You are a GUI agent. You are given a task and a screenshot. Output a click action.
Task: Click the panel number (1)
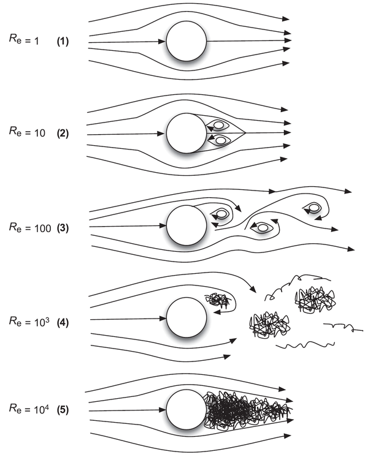pos(63,42)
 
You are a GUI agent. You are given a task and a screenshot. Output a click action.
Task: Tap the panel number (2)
pos(63,134)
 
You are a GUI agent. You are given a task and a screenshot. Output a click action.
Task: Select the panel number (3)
pos(63,227)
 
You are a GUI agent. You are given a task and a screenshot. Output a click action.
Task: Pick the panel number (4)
pos(63,320)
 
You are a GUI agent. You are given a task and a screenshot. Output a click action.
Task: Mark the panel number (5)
pos(63,407)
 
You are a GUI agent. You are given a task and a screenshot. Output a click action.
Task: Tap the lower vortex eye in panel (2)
pos(220,140)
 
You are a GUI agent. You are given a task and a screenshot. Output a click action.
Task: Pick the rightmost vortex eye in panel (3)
pos(314,208)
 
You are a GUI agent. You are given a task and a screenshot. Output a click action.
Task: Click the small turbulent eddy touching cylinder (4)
pos(216,300)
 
